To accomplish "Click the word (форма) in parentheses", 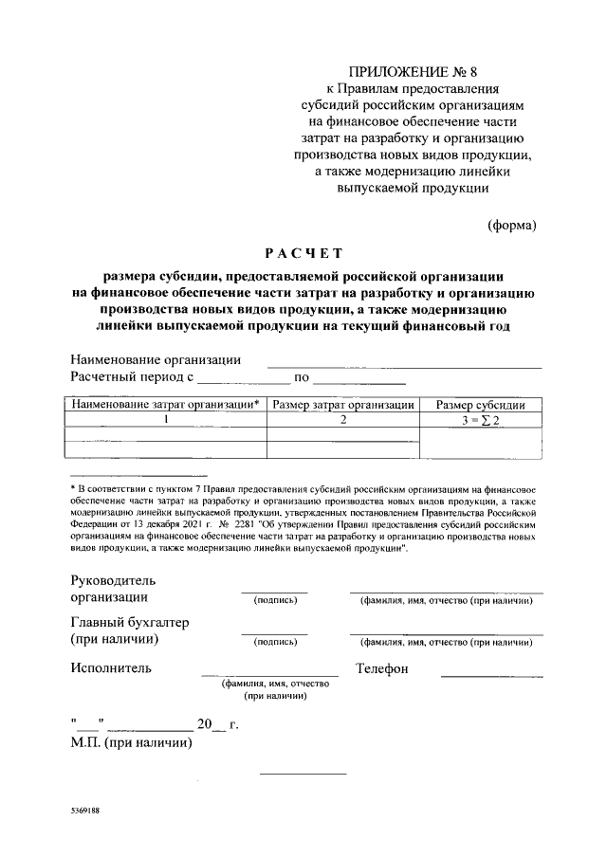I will (511, 226).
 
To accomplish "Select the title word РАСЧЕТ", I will (303, 253).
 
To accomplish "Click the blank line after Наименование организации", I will (404, 364).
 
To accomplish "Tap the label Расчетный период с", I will (132, 377).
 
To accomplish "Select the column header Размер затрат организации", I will (343, 405).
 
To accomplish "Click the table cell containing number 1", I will (165, 419).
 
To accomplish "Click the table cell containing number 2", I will (343, 419).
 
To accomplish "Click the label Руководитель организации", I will (113, 589).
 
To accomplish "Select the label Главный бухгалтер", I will (130, 622).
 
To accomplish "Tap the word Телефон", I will (381, 668).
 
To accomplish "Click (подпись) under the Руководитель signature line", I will (274, 600).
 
